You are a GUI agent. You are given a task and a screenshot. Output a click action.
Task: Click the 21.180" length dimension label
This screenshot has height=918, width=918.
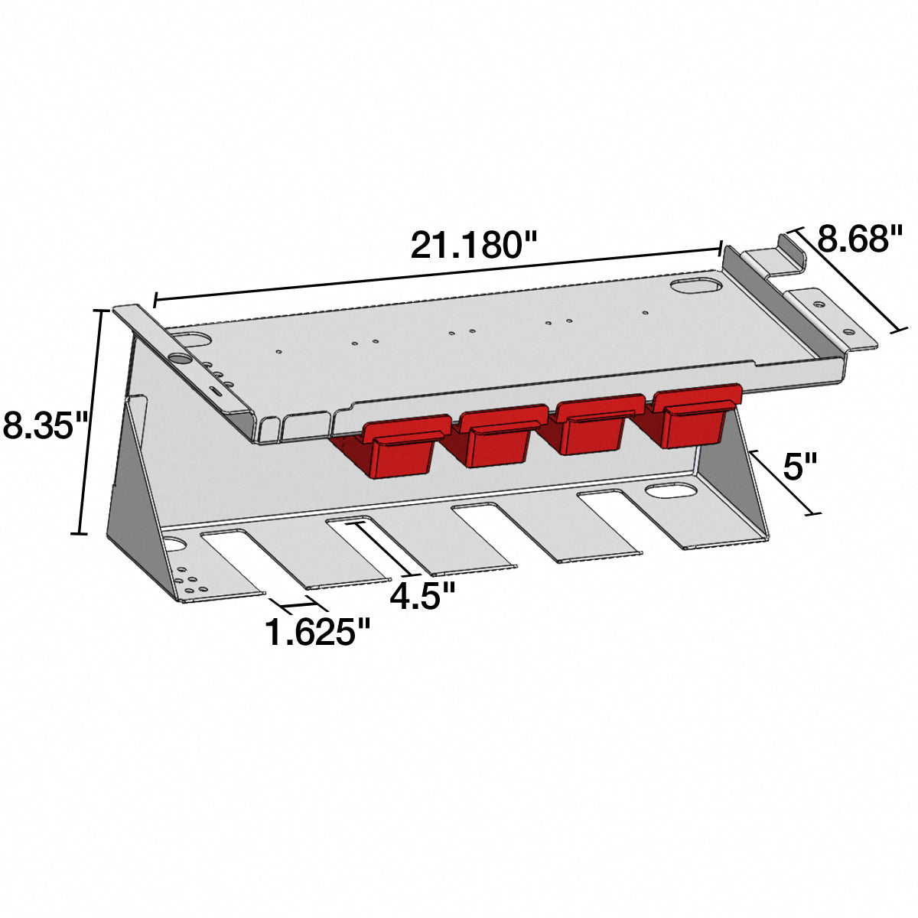pyautogui.click(x=474, y=245)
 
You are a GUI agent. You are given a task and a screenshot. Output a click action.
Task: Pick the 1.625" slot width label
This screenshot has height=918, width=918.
pyautogui.click(x=317, y=632)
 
